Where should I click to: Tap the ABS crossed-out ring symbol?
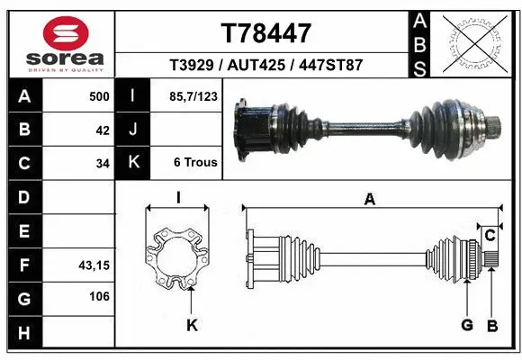point(475,42)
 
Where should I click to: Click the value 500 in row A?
point(98,96)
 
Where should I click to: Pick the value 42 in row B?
point(103,130)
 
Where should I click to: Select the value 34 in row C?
point(103,164)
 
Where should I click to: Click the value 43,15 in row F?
point(94,265)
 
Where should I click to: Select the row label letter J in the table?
point(133,130)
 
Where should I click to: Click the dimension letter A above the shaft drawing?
point(369,200)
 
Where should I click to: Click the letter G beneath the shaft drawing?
point(467,324)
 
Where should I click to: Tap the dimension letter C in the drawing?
point(490,236)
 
